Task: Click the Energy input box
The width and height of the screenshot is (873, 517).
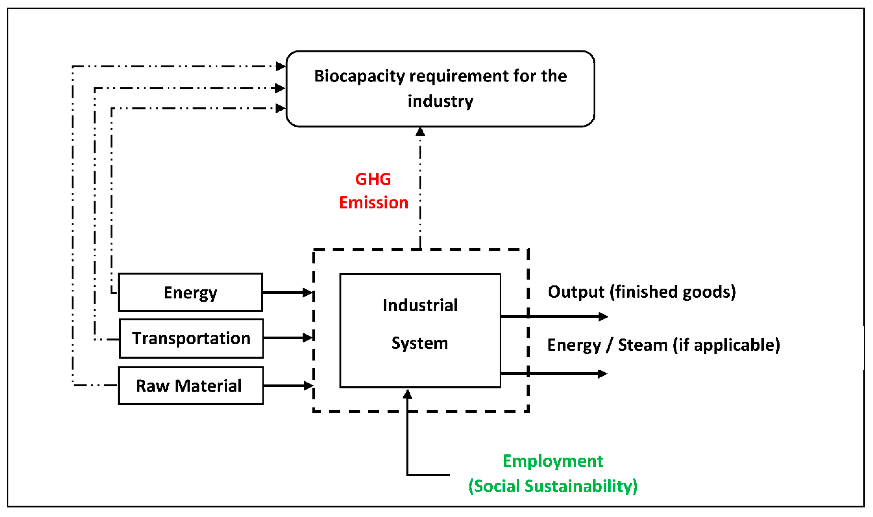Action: click(190, 292)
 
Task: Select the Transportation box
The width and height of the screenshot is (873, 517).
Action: click(191, 338)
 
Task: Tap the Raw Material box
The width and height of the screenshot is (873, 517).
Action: click(190, 386)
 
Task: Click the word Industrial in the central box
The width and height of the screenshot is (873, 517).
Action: click(420, 305)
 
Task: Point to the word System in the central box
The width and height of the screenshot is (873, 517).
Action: click(420, 343)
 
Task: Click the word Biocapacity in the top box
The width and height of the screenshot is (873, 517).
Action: click(360, 76)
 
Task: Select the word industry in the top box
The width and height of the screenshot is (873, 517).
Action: click(440, 101)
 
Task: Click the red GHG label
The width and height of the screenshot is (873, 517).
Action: click(373, 179)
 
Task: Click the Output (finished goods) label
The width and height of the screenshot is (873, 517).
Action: click(641, 292)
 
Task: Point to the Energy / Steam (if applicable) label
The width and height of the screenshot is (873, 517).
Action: click(663, 345)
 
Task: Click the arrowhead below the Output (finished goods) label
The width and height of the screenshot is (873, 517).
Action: click(603, 317)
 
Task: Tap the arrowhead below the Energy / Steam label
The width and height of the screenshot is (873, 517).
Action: click(602, 374)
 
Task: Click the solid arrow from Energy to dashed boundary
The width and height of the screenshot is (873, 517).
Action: click(288, 293)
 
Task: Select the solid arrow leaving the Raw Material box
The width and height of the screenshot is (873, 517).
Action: click(288, 386)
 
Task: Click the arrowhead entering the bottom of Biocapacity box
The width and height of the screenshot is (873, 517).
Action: click(420, 132)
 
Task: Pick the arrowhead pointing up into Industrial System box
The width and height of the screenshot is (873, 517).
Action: click(407, 394)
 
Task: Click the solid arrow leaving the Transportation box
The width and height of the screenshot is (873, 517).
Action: click(288, 338)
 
